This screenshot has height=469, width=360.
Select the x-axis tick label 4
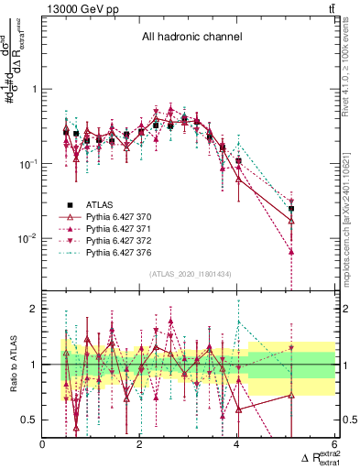(237, 445)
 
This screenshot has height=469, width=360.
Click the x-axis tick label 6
(334, 445)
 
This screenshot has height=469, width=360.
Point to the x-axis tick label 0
(43, 445)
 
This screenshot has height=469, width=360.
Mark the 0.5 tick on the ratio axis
(31, 420)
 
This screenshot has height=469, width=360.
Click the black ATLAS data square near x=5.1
(291, 209)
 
